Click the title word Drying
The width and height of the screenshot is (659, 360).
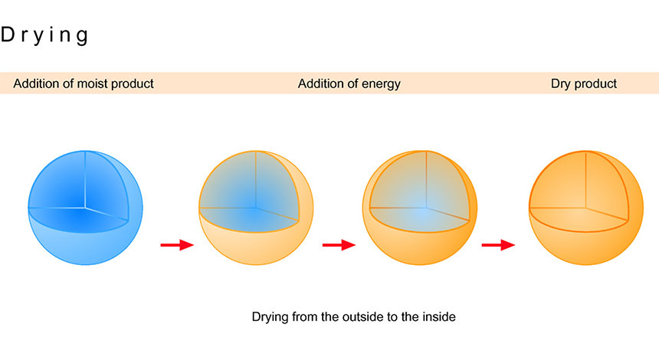(45, 34)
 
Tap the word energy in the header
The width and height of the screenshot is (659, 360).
(381, 83)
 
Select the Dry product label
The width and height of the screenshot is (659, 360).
(584, 83)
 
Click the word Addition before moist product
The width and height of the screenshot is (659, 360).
(38, 83)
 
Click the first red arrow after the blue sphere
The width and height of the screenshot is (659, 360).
(176, 245)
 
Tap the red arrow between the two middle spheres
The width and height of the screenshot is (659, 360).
(339, 245)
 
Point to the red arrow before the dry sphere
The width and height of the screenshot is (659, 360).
(498, 245)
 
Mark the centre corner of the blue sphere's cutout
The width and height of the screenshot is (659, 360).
(85, 207)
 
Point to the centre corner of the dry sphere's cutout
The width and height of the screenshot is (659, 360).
(586, 207)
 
